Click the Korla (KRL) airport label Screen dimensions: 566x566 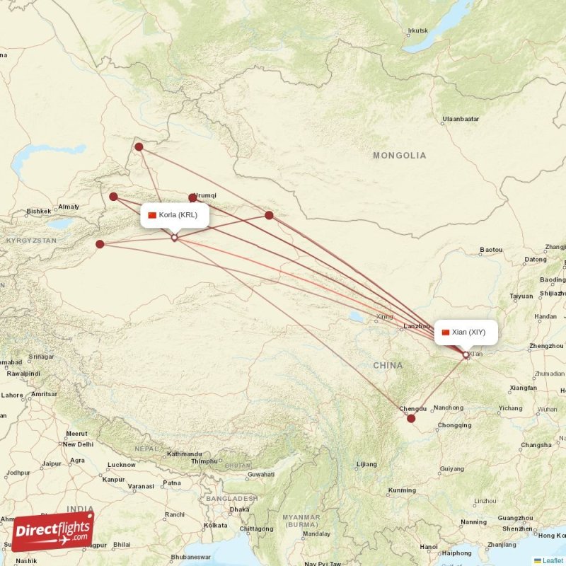coord(175,215)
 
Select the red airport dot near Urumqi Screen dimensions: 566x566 coord(192,198)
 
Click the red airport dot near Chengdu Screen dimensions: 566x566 coord(411,418)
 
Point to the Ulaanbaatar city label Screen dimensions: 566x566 coord(461,119)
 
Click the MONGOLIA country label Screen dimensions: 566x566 coord(400,155)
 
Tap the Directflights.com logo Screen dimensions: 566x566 coord(52,531)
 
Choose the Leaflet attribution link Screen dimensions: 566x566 coord(552,560)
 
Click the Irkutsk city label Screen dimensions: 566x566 coord(418,30)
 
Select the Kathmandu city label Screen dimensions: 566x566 coord(185,454)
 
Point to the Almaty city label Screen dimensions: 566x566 coord(69,207)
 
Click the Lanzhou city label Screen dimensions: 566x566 coord(415,326)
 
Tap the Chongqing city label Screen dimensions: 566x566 coord(454,425)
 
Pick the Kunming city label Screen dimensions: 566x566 coord(402,490)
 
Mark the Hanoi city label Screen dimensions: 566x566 coord(429,546)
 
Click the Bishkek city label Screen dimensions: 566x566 coord(38,211)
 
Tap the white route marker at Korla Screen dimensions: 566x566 coord(175,238)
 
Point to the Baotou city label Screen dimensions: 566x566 coord(491,250)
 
